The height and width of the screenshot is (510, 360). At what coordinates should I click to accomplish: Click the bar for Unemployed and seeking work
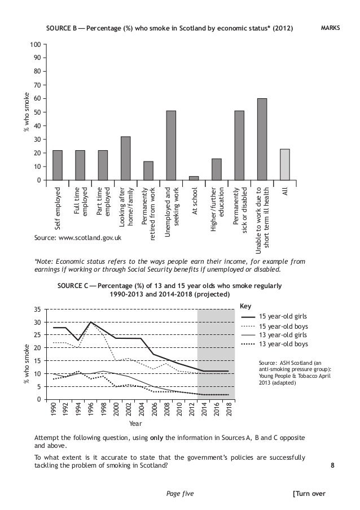point(171,145)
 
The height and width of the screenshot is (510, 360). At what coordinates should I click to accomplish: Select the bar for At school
point(194,178)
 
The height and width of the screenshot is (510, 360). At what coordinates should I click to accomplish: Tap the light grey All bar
point(285,164)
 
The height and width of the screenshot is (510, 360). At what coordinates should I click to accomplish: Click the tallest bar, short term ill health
point(262,139)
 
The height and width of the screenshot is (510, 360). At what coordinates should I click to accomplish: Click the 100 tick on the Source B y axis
point(35,44)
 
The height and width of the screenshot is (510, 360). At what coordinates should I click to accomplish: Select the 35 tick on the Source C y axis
point(37,310)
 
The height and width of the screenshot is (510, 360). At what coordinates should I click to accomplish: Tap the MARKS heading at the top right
point(331,27)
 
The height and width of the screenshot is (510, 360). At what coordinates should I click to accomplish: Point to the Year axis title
point(135,422)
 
